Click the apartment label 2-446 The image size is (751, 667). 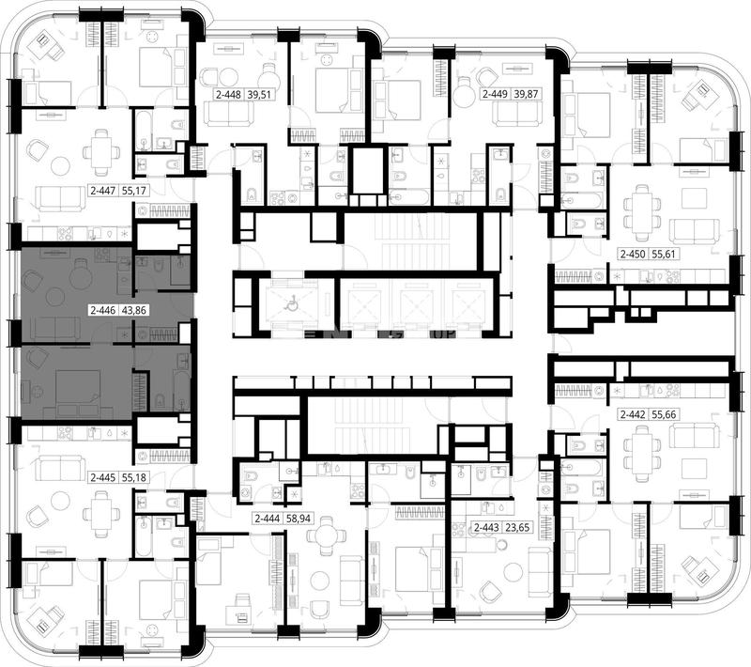click(x=103, y=311)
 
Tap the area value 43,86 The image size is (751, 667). click(x=133, y=311)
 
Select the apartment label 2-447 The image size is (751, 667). click(x=103, y=191)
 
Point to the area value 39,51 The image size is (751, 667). click(x=259, y=95)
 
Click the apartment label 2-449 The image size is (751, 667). click(x=495, y=94)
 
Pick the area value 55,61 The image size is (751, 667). click(x=664, y=255)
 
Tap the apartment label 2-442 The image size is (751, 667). click(x=633, y=414)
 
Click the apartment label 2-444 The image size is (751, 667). click(x=268, y=519)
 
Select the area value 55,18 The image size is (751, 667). click(x=134, y=478)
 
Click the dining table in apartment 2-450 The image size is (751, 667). click(x=642, y=207)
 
